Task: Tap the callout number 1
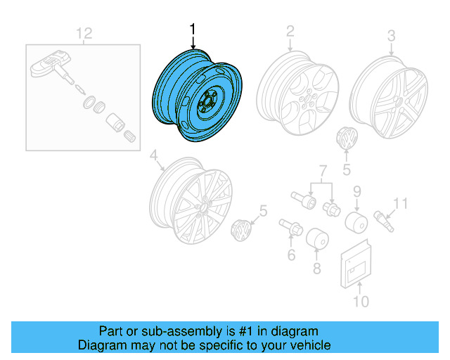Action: (x=192, y=30)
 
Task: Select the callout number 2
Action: (x=289, y=31)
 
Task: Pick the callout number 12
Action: (x=84, y=32)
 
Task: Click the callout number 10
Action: (x=360, y=302)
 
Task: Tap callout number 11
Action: (x=399, y=204)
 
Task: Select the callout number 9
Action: (x=356, y=191)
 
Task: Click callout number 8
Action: (x=316, y=267)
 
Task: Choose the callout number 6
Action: (x=290, y=253)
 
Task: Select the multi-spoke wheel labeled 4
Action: (x=194, y=203)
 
